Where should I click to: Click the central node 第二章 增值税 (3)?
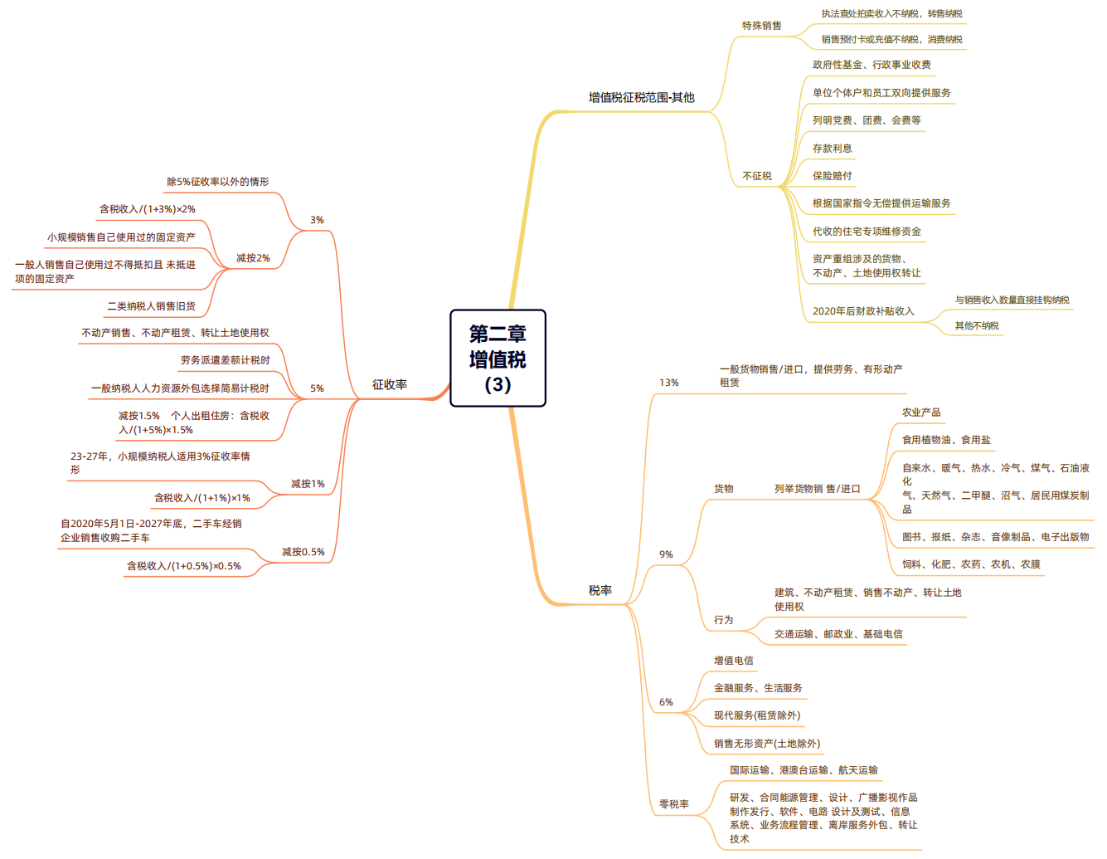498,359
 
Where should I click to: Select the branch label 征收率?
390,384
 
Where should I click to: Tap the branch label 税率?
600,590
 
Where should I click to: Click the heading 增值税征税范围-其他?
641,97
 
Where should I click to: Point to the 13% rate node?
668,383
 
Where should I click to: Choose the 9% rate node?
666,554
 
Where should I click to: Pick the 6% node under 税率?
666,702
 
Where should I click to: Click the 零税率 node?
673,804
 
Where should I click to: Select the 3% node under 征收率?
317,220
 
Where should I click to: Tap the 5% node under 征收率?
317,388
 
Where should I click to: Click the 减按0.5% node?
303,552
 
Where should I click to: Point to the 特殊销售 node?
761,26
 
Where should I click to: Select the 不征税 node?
756,176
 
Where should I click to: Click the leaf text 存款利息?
832,149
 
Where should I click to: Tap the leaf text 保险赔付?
832,176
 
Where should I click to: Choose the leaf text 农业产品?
921,412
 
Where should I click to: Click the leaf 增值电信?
734,661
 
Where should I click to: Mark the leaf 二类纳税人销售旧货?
151,306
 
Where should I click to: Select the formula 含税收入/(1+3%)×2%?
148,209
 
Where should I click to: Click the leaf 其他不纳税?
976,326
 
